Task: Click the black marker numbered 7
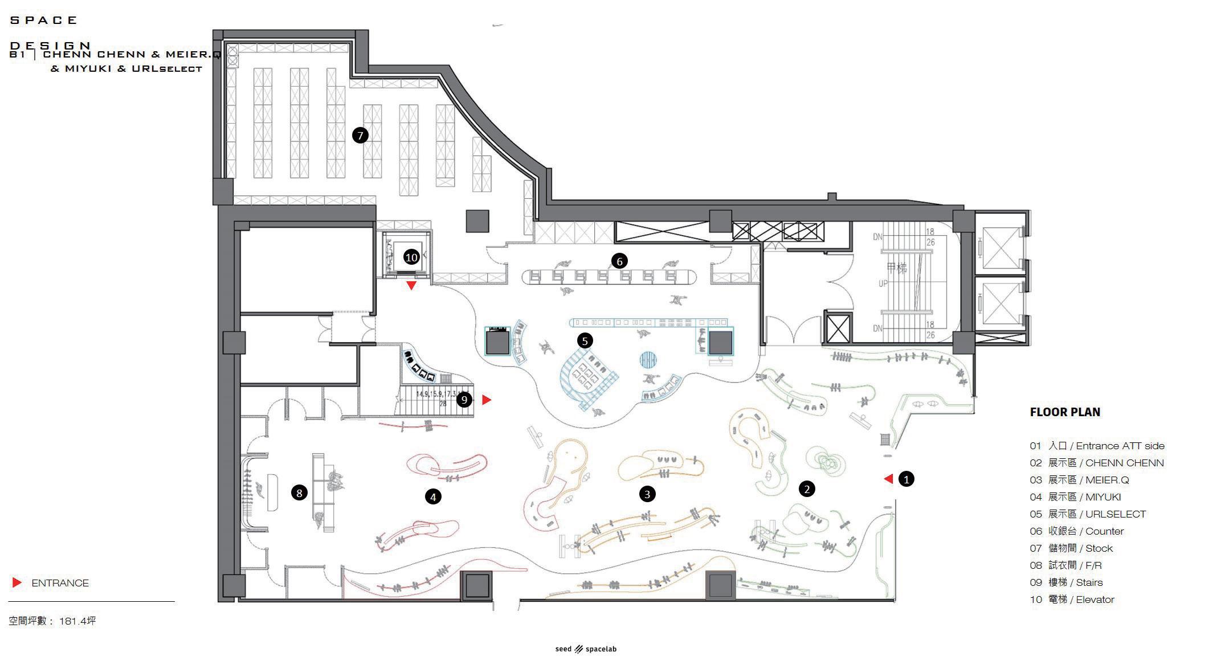pyautogui.click(x=360, y=135)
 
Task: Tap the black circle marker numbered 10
pyautogui.click(x=411, y=257)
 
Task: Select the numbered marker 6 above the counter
pyautogui.click(x=619, y=261)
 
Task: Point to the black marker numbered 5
pyautogui.click(x=585, y=340)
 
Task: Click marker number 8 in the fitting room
pyautogui.click(x=299, y=492)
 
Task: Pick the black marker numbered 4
pyautogui.click(x=433, y=497)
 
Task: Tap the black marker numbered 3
pyautogui.click(x=647, y=494)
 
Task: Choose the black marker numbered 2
pyautogui.click(x=806, y=488)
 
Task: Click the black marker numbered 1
pyautogui.click(x=906, y=479)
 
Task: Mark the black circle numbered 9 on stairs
pyautogui.click(x=464, y=400)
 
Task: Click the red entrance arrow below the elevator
pyautogui.click(x=411, y=286)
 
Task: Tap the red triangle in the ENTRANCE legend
pyautogui.click(x=17, y=582)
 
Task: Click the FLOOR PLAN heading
pyautogui.click(x=1064, y=412)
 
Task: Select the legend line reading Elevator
pyautogui.click(x=1071, y=599)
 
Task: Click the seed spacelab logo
pyautogui.click(x=586, y=649)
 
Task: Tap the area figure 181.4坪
pyautogui.click(x=77, y=621)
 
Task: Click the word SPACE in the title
pyautogui.click(x=44, y=20)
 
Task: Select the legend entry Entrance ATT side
pyautogui.click(x=1097, y=446)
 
